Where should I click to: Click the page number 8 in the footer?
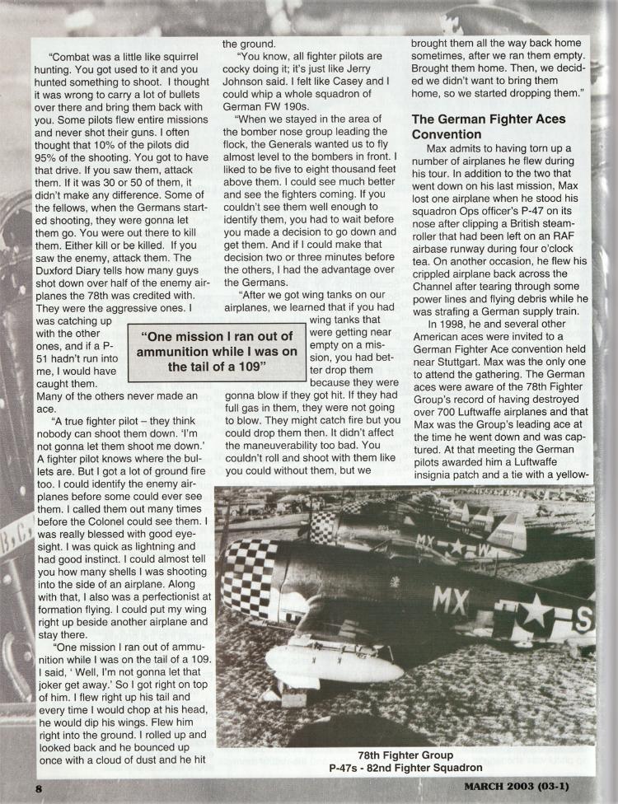coord(38,788)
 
